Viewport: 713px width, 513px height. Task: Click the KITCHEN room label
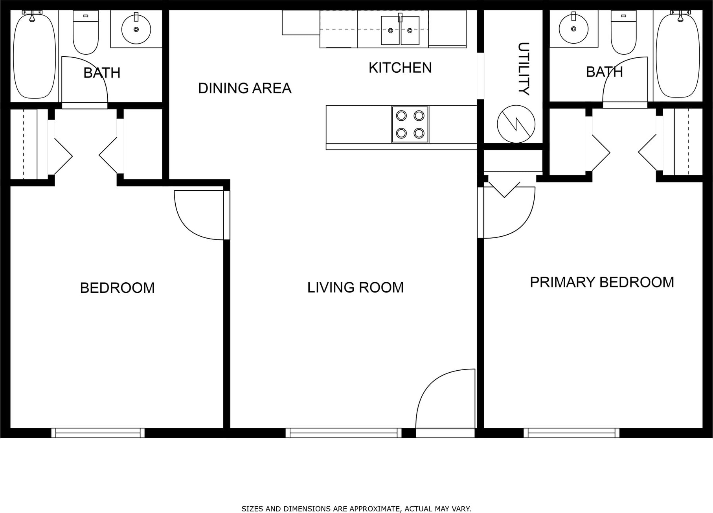coord(400,68)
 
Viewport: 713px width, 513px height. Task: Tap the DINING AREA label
coord(245,88)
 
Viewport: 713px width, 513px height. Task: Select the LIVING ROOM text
coord(355,288)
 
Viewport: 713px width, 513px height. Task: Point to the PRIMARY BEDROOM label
coord(602,282)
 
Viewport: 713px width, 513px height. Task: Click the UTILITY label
coord(524,69)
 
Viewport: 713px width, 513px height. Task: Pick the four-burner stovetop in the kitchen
coord(410,124)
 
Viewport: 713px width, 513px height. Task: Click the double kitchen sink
coord(400,30)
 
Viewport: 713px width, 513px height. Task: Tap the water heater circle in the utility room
coord(516,124)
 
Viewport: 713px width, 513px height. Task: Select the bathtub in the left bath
coord(35,56)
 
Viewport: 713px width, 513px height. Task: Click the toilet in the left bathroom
coord(86,33)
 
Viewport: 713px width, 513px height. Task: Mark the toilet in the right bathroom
coord(623,33)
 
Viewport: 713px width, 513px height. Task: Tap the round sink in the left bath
coord(136,29)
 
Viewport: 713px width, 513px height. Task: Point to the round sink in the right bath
coord(573,29)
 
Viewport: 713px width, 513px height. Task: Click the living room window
coord(344,433)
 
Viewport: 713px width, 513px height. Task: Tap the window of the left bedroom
coord(98,433)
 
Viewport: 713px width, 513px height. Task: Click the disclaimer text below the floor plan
coord(356,509)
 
